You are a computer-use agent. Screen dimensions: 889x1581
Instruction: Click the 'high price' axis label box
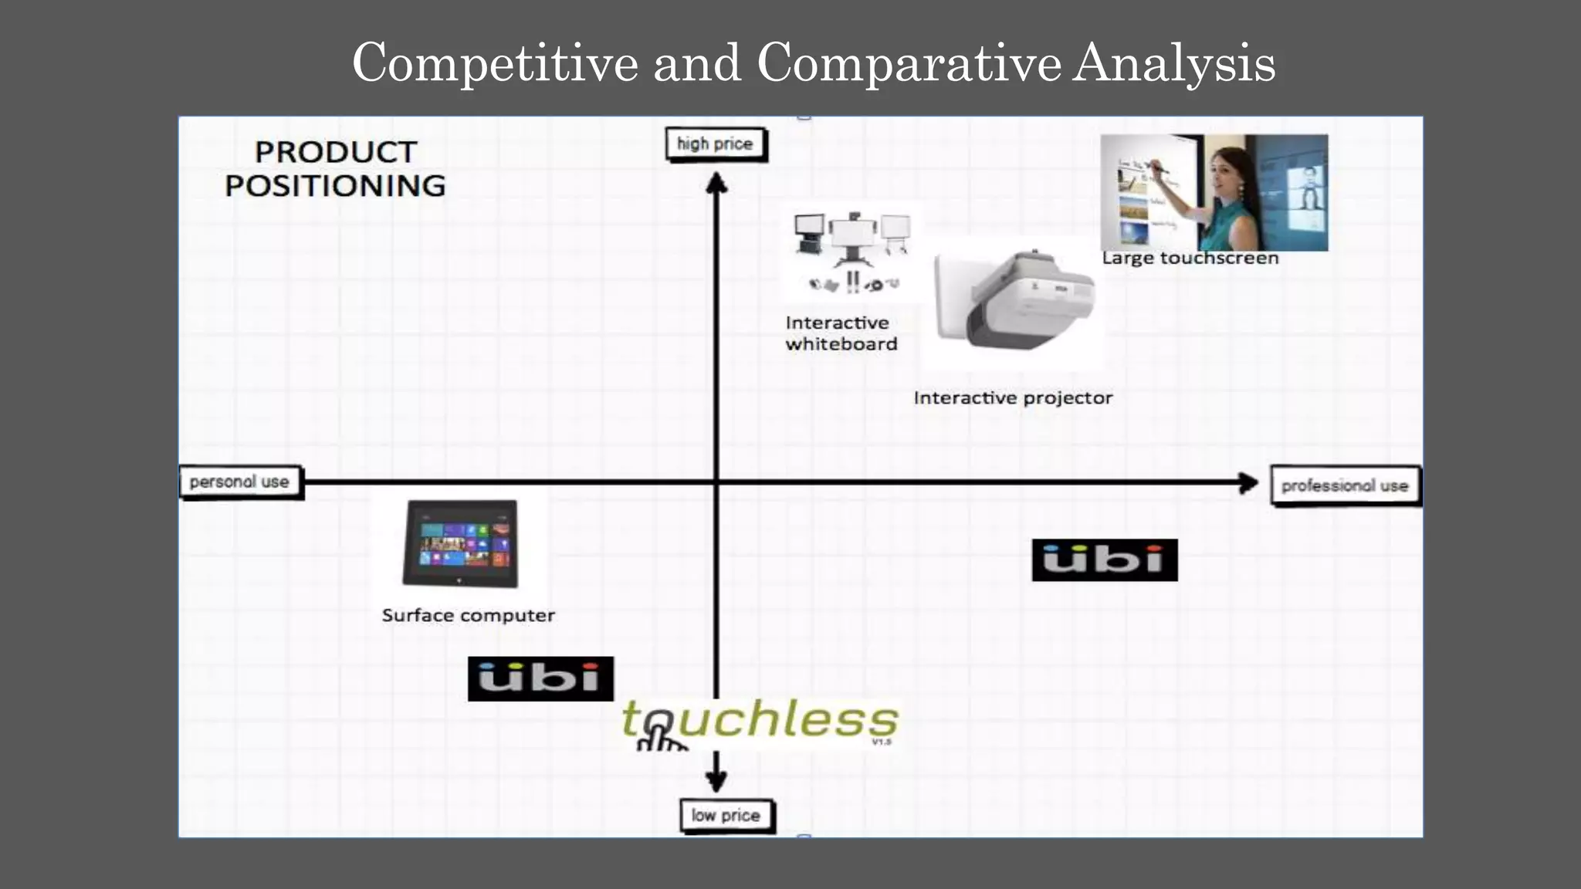[x=716, y=144]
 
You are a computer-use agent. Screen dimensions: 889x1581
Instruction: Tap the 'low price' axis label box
[x=726, y=816]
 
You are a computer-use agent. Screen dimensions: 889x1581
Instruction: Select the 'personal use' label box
[x=240, y=482]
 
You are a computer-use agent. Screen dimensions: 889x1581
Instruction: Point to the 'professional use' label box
[x=1345, y=486]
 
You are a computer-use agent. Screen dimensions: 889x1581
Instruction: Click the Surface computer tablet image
[x=461, y=543]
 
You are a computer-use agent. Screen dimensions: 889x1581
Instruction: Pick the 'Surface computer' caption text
[x=468, y=616]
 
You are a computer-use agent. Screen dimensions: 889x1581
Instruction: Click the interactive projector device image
[x=1014, y=301]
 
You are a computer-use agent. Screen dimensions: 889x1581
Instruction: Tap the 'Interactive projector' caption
[x=1013, y=398]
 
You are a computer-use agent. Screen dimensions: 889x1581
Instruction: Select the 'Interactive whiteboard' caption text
[x=841, y=333]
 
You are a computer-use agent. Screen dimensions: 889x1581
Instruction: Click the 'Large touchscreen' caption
[x=1190, y=259]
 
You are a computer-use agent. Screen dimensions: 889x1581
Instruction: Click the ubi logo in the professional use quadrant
[x=1104, y=560]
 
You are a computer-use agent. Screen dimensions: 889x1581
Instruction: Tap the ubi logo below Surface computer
[x=540, y=679]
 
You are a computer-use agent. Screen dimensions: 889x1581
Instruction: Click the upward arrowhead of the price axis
[x=716, y=184]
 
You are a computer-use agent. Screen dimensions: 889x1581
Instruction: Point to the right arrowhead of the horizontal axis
[x=1248, y=483]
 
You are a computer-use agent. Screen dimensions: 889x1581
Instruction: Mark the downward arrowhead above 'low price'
[x=716, y=781]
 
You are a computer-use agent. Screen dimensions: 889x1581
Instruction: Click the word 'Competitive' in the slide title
[x=495, y=63]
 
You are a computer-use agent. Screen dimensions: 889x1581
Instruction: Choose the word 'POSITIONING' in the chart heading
[x=335, y=186]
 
